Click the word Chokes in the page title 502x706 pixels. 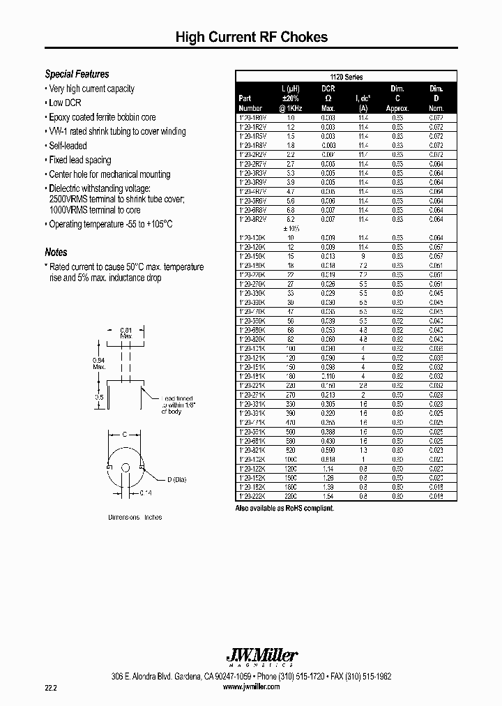pos(304,38)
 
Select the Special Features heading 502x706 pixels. pos(77,74)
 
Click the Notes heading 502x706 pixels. pos(56,253)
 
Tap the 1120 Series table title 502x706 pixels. pos(346,77)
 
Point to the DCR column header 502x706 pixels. pos(328,89)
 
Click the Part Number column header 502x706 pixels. pos(250,103)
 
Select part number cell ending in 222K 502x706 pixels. pos(252,496)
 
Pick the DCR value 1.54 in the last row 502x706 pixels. pos(328,496)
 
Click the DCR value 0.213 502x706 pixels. pos(328,395)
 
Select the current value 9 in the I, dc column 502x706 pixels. pos(363,256)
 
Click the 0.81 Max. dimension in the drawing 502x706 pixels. pos(126,333)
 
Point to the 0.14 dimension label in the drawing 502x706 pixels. pos(126,493)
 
